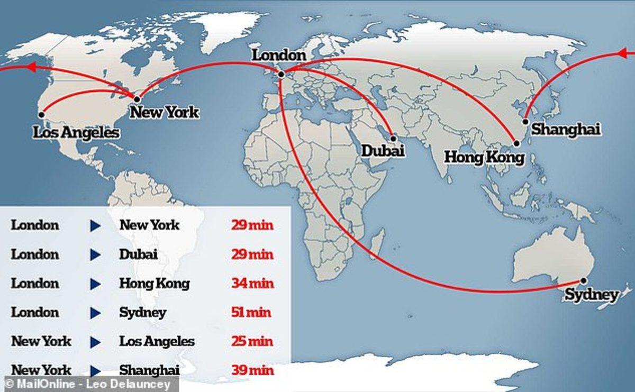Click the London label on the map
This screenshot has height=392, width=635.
click(x=278, y=56)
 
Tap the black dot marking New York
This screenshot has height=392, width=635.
click(x=137, y=99)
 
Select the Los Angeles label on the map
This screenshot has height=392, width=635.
click(x=76, y=132)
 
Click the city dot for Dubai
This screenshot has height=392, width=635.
click(x=393, y=139)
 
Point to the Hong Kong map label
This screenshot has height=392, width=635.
click(x=484, y=157)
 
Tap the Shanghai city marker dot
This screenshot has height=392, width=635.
click(x=525, y=121)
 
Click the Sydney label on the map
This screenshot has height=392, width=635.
click(x=591, y=295)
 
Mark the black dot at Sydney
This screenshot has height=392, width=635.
click(x=584, y=280)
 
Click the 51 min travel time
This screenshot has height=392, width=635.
click(x=251, y=312)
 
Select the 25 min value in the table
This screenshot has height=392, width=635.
click(x=252, y=341)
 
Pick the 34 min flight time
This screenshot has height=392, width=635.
click(x=252, y=283)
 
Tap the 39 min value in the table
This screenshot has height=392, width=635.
click(x=252, y=370)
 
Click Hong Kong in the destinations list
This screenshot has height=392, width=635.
click(x=154, y=283)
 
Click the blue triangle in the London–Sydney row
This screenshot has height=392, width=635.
click(x=95, y=313)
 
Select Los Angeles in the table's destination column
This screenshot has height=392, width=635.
click(x=157, y=341)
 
